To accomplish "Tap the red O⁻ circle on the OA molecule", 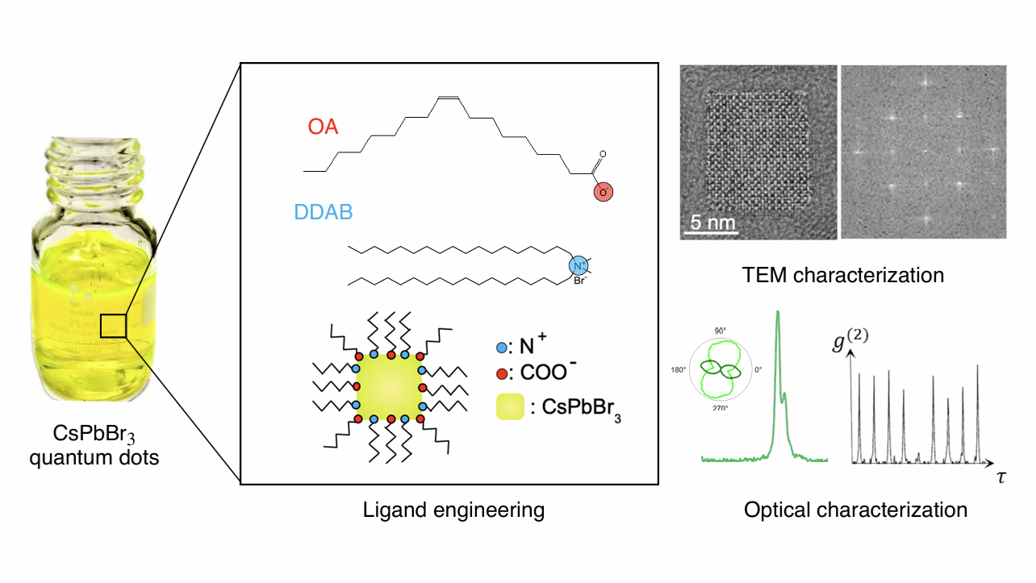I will click(x=603, y=191).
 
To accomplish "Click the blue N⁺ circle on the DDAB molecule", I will click(x=578, y=264).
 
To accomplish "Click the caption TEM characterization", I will click(x=843, y=275).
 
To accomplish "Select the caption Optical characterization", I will click(x=855, y=510).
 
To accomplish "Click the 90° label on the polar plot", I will click(x=721, y=331).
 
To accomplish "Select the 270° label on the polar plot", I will click(x=721, y=409).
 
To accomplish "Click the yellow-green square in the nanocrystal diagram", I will click(x=389, y=388).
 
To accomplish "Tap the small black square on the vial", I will click(x=113, y=326).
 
